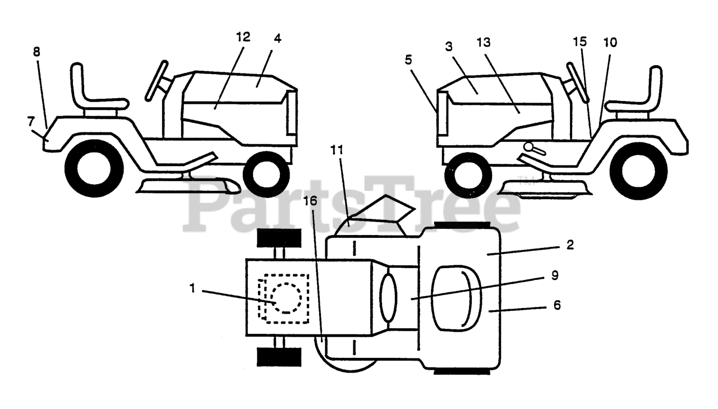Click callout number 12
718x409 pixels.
243,38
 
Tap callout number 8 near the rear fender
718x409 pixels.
36,52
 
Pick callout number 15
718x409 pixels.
579,42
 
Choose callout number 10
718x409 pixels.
610,42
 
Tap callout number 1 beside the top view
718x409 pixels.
192,288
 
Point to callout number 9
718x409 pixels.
555,276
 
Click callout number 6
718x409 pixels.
556,305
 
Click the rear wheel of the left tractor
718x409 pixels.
94,169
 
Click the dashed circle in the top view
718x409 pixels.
286,297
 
